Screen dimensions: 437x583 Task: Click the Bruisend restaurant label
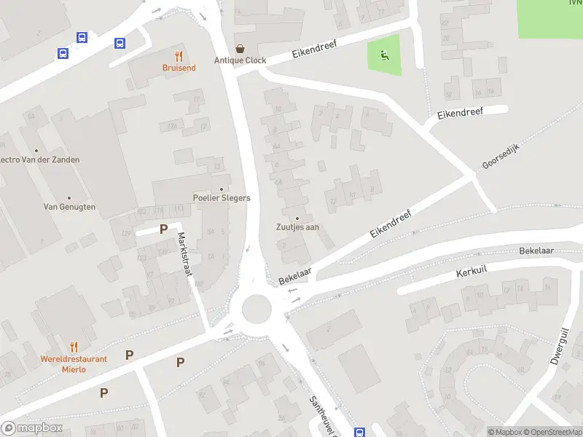click(x=179, y=68)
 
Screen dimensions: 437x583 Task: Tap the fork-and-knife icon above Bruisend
click(x=179, y=55)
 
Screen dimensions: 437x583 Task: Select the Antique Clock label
click(x=240, y=60)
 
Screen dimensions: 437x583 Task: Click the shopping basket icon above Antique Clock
click(x=240, y=48)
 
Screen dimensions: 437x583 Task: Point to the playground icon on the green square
click(x=384, y=53)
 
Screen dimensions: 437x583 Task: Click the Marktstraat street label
click(x=185, y=253)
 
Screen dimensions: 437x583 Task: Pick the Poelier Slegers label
click(x=222, y=197)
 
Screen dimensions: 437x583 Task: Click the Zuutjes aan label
click(x=297, y=227)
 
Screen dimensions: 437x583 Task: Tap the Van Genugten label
click(x=69, y=207)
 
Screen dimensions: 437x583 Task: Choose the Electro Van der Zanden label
click(x=39, y=160)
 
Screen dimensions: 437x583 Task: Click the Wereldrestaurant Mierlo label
click(x=74, y=363)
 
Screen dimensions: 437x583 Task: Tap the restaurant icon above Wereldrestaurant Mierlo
click(x=74, y=347)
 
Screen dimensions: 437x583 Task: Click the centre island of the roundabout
click(x=257, y=308)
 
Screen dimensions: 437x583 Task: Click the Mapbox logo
click(x=32, y=428)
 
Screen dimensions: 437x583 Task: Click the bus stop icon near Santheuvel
click(x=359, y=432)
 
